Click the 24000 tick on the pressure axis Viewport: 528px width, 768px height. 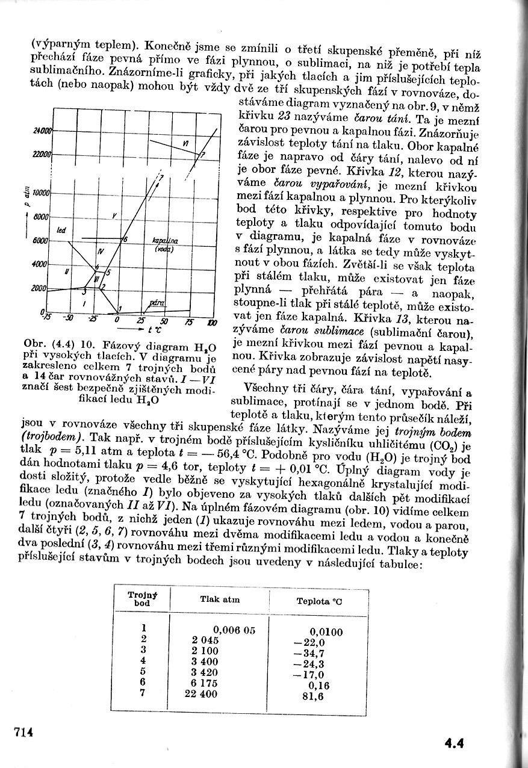pyautogui.click(x=42, y=131)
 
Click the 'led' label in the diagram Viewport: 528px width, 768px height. pyautogui.click(x=61, y=231)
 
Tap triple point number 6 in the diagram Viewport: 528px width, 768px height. pyautogui.click(x=125, y=239)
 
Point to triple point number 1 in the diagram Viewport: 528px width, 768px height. pyautogui.click(x=119, y=309)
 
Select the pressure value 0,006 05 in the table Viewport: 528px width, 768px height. pyautogui.click(x=235, y=630)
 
